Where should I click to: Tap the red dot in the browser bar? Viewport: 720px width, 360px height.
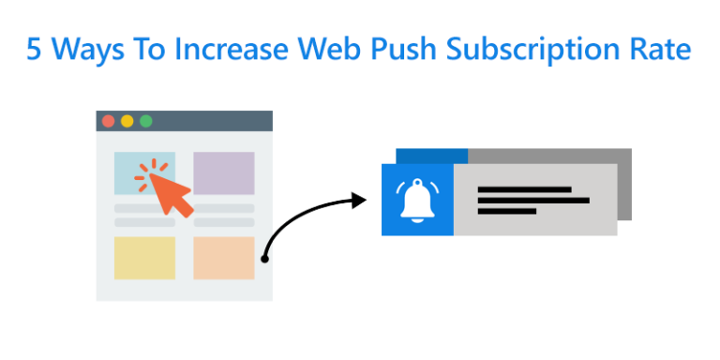click(108, 121)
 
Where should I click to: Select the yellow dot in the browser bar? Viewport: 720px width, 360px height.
click(127, 121)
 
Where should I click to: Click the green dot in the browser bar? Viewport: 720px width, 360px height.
click(145, 121)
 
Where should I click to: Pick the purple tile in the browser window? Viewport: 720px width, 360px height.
click(223, 172)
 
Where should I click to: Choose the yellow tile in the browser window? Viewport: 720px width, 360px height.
click(144, 258)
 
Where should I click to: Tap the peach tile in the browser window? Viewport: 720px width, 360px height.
click(223, 258)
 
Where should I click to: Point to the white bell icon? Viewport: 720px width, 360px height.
click(417, 200)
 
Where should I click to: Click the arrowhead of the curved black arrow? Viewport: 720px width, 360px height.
click(357, 200)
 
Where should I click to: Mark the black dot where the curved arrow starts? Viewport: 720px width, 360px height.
click(265, 256)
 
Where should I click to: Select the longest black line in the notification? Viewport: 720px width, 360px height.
click(533, 201)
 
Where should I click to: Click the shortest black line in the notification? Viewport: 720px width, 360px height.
click(507, 212)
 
